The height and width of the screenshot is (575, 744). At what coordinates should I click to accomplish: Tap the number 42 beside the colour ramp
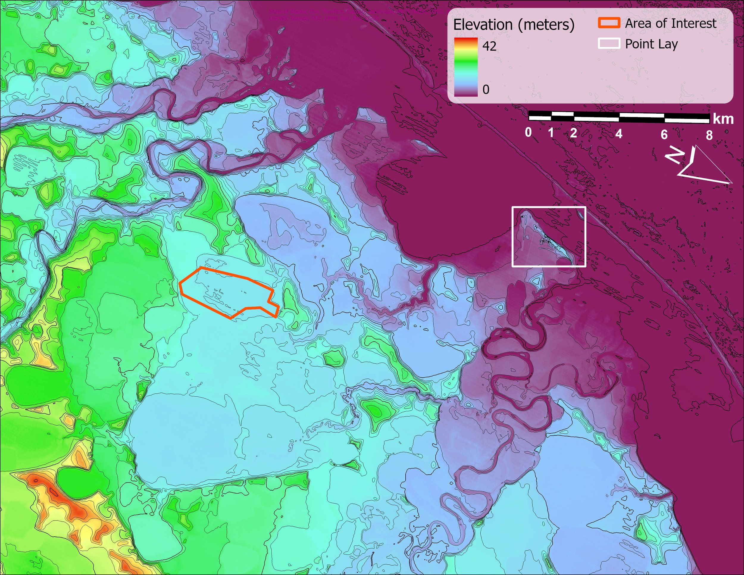click(489, 46)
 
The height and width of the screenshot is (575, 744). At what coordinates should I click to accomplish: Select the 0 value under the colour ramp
click(486, 90)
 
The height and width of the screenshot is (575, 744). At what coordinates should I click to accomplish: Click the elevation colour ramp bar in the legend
click(466, 67)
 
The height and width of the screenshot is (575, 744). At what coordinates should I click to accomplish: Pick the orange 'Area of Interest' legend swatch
click(608, 23)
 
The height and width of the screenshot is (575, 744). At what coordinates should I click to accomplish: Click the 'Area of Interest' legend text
click(670, 24)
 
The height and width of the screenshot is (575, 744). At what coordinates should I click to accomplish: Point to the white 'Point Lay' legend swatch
click(608, 44)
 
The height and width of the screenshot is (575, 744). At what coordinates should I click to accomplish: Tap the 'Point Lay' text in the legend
click(651, 44)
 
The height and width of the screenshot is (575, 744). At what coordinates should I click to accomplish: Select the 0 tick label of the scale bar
click(528, 132)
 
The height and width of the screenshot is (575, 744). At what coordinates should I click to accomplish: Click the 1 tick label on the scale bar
click(551, 132)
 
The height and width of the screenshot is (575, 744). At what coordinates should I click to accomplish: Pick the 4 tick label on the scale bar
click(619, 134)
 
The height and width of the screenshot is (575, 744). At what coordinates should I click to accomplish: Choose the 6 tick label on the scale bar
click(664, 135)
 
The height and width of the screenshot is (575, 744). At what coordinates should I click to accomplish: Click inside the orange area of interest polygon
click(228, 293)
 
